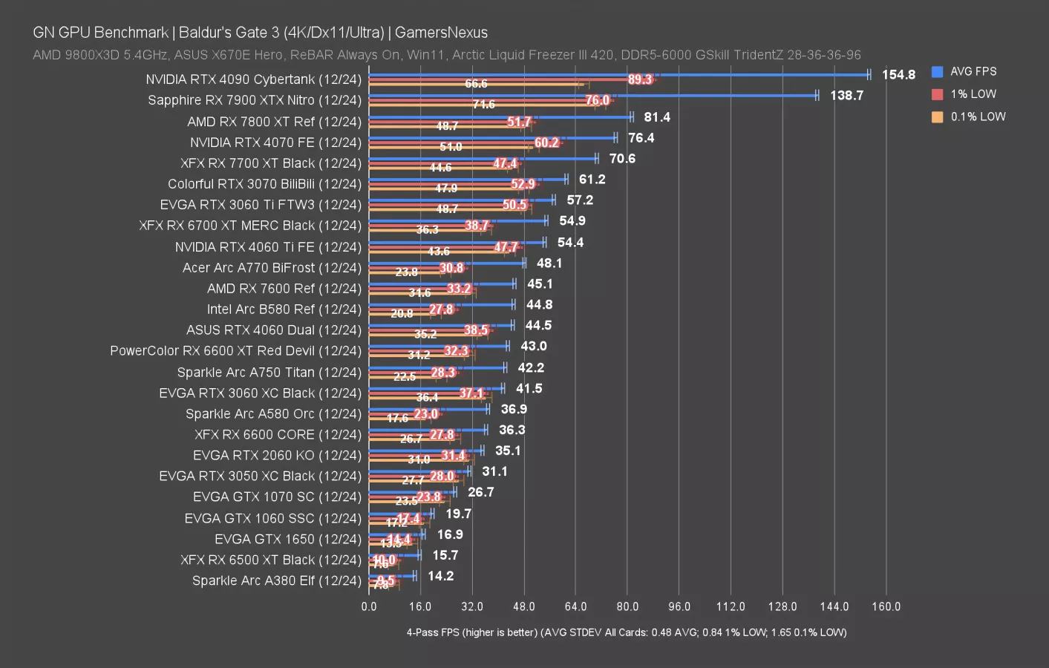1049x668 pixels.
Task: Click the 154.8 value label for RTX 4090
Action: coord(898,75)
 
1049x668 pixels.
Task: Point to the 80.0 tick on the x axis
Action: coord(627,606)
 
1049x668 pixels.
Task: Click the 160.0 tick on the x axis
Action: coord(886,606)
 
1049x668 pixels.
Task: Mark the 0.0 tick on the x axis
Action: coord(369,606)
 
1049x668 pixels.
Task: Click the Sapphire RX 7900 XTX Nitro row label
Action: coord(254,100)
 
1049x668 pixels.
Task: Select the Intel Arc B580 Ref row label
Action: coord(284,310)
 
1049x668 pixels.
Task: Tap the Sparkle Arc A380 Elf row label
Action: coord(276,580)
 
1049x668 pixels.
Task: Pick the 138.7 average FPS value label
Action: coord(846,96)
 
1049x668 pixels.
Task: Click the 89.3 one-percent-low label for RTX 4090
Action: coord(639,79)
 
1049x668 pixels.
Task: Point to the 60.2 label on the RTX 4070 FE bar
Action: coord(546,143)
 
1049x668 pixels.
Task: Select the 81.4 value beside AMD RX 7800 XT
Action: coord(657,117)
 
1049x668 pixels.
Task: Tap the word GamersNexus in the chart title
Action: coord(441,33)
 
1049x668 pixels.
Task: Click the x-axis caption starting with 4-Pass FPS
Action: coord(626,632)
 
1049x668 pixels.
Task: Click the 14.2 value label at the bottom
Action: coord(440,576)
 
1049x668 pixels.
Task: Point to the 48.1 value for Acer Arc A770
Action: coord(549,263)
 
